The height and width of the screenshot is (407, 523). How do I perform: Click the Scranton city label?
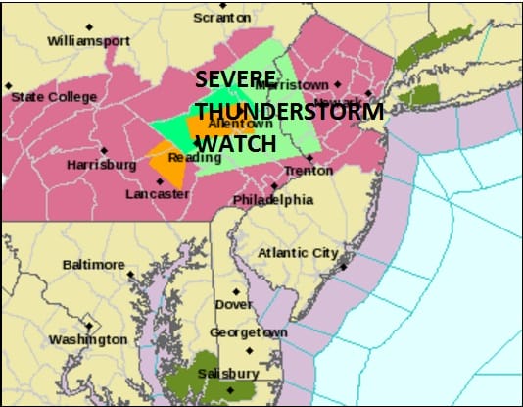tap(222, 18)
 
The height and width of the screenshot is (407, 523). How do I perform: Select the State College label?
tap(54, 96)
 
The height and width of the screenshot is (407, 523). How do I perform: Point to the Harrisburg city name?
tap(101, 165)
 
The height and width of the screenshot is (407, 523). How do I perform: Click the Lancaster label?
tap(157, 194)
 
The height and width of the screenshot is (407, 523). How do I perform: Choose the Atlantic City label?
tap(297, 253)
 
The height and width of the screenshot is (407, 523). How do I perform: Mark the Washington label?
tap(88, 339)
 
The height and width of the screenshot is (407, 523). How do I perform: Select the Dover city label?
tap(234, 305)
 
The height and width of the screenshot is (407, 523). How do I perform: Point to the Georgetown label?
tap(249, 333)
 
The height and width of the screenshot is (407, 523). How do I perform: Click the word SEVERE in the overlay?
tap(234, 80)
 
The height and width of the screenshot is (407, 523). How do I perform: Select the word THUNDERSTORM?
tap(290, 111)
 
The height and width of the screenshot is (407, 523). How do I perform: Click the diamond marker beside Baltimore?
tap(133, 265)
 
